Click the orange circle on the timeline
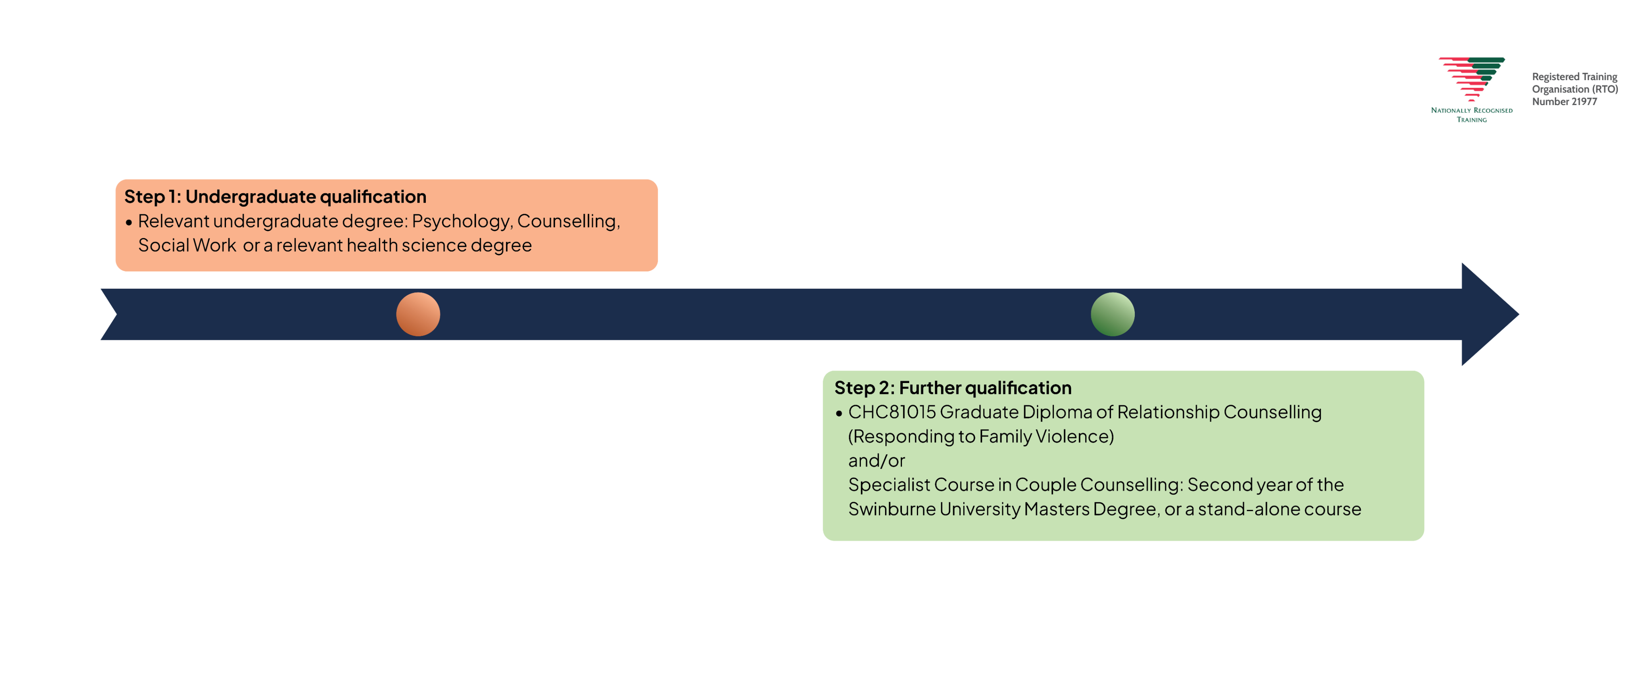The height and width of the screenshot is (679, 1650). pyautogui.click(x=418, y=314)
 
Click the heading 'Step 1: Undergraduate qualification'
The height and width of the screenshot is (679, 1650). pyautogui.click(x=275, y=197)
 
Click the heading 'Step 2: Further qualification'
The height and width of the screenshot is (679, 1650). pyautogui.click(x=952, y=387)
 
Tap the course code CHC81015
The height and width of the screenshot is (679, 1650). pyautogui.click(x=891, y=412)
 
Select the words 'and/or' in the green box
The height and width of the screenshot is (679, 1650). pyautogui.click(x=876, y=461)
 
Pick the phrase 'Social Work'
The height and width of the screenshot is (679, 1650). pyautogui.click(x=187, y=245)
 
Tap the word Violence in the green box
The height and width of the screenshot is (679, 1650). pyautogui.click(x=1074, y=436)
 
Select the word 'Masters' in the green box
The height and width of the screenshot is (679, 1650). pyautogui.click(x=1055, y=509)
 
